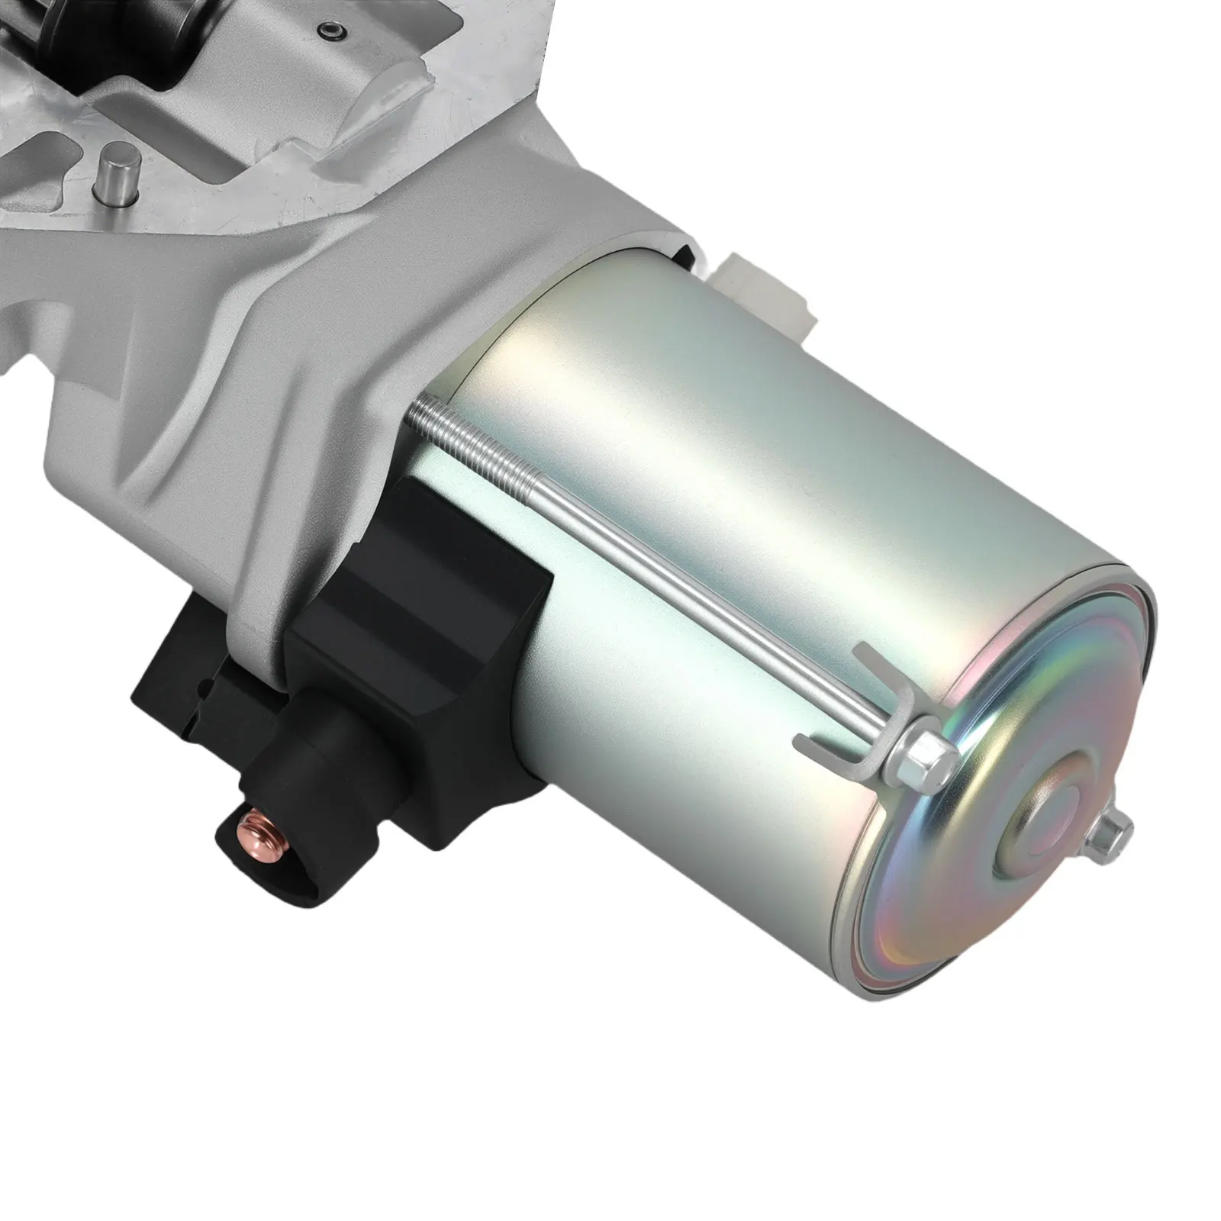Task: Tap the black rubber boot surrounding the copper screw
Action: point(290,809)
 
